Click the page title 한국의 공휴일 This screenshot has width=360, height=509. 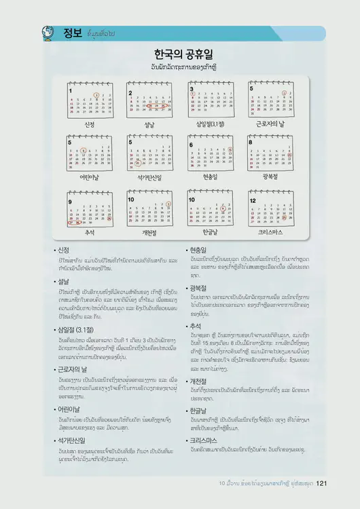click(180, 56)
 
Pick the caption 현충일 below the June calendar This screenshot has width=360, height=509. click(210, 176)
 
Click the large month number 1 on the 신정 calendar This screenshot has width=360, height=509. click(71, 91)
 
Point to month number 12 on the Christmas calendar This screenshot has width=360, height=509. click(253, 201)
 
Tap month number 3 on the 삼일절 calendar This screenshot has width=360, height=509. click(192, 89)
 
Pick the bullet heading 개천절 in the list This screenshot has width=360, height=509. click(203, 380)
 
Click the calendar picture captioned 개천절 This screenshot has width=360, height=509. click(150, 211)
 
